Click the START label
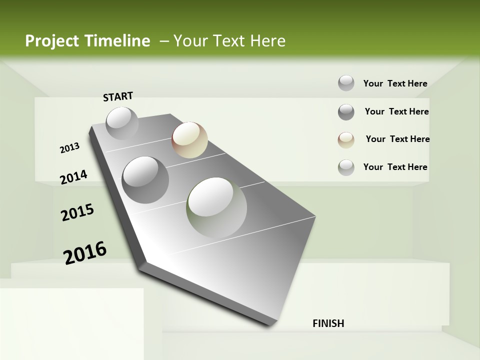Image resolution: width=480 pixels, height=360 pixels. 118,96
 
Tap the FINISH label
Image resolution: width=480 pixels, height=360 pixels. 328,323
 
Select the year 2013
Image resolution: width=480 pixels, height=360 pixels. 70,148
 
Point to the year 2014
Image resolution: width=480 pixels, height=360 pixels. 73,177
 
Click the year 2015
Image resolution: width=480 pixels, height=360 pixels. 77,212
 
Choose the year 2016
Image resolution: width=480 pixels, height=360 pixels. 85,252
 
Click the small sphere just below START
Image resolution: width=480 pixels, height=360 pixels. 122,123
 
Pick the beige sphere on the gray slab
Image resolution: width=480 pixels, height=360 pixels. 189,140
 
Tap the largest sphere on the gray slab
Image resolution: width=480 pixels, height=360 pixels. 216,207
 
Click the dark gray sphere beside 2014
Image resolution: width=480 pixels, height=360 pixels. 145,179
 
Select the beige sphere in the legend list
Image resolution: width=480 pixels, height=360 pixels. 346,139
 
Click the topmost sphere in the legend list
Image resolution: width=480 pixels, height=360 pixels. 346,83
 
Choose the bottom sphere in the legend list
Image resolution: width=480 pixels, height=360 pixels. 346,167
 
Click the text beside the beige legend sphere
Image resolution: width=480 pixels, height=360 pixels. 397,139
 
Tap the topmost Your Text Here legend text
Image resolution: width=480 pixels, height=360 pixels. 395,83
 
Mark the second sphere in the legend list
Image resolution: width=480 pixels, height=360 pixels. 346,112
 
